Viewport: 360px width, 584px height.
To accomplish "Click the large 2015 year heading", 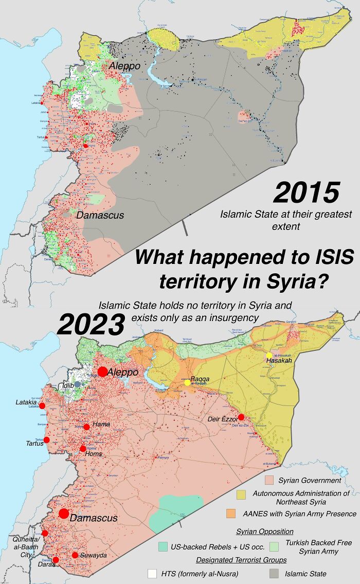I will pyautogui.click(x=306, y=193).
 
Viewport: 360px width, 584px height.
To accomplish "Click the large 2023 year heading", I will pyautogui.click(x=91, y=325).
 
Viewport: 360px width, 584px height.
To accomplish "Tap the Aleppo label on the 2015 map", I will pyautogui.click(x=124, y=66).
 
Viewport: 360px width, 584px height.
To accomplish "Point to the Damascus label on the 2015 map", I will pyautogui.click(x=100, y=215).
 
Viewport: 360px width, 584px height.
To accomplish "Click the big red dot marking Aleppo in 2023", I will pyautogui.click(x=102, y=371).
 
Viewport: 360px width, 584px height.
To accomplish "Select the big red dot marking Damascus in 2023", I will pyautogui.click(x=64, y=513).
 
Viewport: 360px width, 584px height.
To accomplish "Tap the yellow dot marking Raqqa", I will pyautogui.click(x=187, y=382).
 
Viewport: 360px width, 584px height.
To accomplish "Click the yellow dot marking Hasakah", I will pyautogui.click(x=269, y=356).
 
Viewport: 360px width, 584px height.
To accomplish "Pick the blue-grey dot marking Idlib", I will pyautogui.click(x=77, y=384).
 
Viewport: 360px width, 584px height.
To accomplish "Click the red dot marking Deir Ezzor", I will pyautogui.click(x=241, y=417).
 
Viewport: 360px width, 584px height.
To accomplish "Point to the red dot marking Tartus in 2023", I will pyautogui.click(x=46, y=440).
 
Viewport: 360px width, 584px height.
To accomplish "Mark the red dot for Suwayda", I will pyautogui.click(x=75, y=555).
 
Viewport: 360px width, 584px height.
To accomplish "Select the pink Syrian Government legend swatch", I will pyautogui.click(x=268, y=481).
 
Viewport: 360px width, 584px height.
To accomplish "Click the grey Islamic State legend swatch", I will pyautogui.click(x=274, y=573).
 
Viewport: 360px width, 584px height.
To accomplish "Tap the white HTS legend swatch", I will pyautogui.click(x=152, y=573).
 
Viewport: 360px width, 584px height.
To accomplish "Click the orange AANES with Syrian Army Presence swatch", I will pyautogui.click(x=231, y=514).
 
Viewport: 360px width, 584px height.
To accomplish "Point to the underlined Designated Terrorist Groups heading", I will pyautogui.click(x=241, y=560).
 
